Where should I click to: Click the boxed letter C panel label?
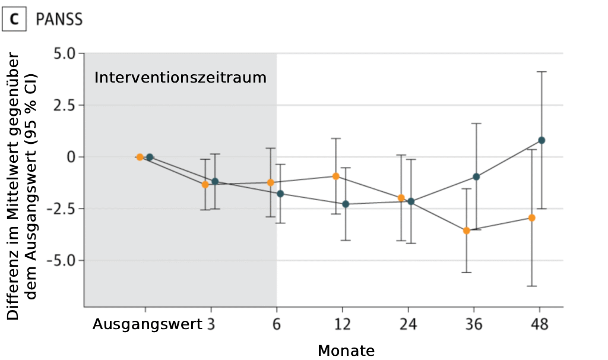14,19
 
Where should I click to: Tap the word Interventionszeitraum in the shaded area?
180,78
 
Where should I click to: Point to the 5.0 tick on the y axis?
65,53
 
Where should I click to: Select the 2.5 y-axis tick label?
65,105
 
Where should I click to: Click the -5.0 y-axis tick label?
62,260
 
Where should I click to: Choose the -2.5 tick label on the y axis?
62,209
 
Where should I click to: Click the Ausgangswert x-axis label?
147,324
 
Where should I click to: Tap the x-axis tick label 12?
343,324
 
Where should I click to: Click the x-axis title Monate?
346,350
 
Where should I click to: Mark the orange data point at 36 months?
467,231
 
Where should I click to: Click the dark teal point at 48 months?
541,140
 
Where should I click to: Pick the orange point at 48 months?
532,218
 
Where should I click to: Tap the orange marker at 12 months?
336,176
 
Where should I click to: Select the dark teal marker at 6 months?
280,194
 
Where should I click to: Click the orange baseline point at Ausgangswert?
140,157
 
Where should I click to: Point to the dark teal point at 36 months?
476,177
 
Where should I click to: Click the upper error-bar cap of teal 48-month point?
541,72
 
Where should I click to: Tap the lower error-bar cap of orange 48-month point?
532,286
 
